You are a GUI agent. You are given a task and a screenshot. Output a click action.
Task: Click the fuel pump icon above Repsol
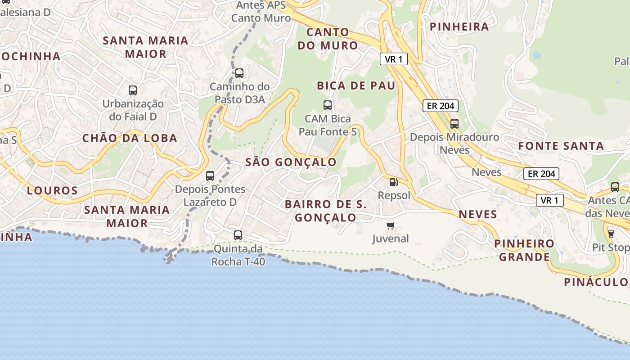coord(393,182)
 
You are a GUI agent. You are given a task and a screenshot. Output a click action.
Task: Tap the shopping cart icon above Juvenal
coord(391,225)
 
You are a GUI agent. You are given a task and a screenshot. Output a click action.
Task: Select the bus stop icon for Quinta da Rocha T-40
coord(238,235)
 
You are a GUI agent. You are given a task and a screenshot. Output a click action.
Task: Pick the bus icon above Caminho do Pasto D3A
coord(239,73)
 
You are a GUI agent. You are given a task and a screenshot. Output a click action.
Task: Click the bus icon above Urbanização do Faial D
coord(133,90)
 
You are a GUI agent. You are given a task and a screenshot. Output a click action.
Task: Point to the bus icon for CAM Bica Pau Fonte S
coord(328,105)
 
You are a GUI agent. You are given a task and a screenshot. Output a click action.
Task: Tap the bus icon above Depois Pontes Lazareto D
coord(210,175)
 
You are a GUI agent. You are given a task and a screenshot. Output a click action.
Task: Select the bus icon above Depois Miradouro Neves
coord(454,123)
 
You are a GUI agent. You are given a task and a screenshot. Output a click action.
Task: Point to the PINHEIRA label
coord(459,27)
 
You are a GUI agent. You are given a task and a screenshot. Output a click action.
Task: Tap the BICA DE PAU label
coord(356,85)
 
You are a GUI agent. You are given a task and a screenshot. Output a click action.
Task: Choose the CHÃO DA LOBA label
coord(130,138)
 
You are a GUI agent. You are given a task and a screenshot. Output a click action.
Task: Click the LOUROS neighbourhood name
coord(52,190)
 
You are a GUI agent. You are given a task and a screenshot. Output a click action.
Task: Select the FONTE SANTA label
coord(561,146)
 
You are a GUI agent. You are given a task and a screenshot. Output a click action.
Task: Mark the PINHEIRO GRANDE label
coord(524,250)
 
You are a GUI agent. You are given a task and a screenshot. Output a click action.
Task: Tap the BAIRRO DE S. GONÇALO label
coord(326,211)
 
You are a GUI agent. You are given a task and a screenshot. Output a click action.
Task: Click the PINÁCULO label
coord(596,282)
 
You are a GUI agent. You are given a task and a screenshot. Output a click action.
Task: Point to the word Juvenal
coord(390,238)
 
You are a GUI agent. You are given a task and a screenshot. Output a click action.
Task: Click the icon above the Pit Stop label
coord(611,234)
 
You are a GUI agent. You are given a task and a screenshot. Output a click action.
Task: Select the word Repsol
coord(394,195)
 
